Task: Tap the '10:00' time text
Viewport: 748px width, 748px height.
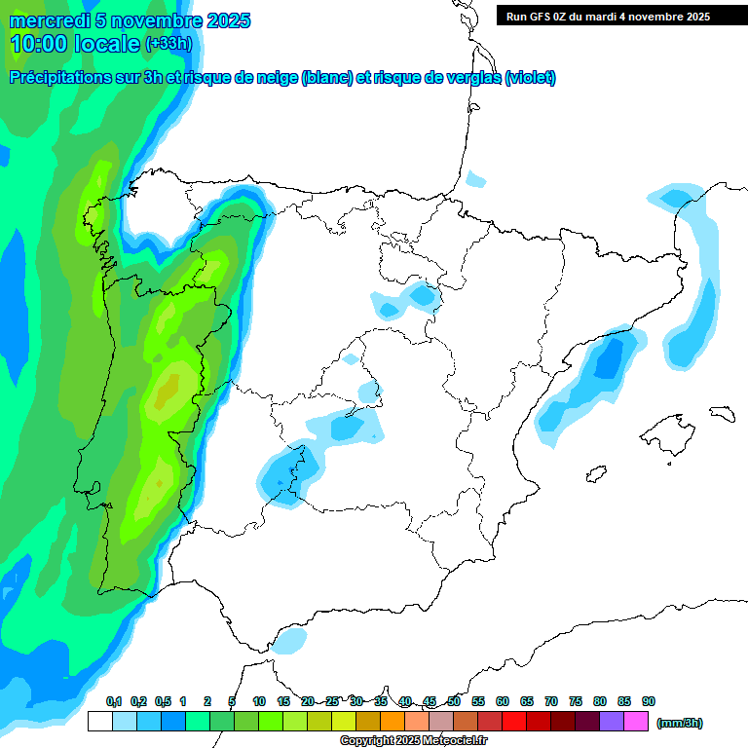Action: [x=39, y=43]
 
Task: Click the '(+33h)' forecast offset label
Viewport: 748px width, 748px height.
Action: [x=168, y=43]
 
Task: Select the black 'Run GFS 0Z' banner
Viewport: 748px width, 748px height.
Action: [x=621, y=16]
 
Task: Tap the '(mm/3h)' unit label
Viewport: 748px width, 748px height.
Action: [x=679, y=723]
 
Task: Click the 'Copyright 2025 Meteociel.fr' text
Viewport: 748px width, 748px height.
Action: [x=413, y=741]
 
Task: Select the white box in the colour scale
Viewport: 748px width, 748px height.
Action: [x=99, y=722]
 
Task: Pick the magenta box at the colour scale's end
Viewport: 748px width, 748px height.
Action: [x=637, y=722]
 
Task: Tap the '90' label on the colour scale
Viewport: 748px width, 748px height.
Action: [x=649, y=701]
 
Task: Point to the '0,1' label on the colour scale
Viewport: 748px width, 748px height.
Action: [x=113, y=701]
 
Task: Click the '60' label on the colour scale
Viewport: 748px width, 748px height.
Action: [x=503, y=701]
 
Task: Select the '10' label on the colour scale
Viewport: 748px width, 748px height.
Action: [x=259, y=701]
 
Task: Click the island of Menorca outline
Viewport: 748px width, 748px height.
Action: [x=721, y=413]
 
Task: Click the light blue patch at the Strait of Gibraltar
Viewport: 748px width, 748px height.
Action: [x=289, y=640]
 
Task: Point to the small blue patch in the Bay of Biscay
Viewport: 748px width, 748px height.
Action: [x=475, y=179]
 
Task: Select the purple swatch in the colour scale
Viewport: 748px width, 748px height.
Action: [x=612, y=722]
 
